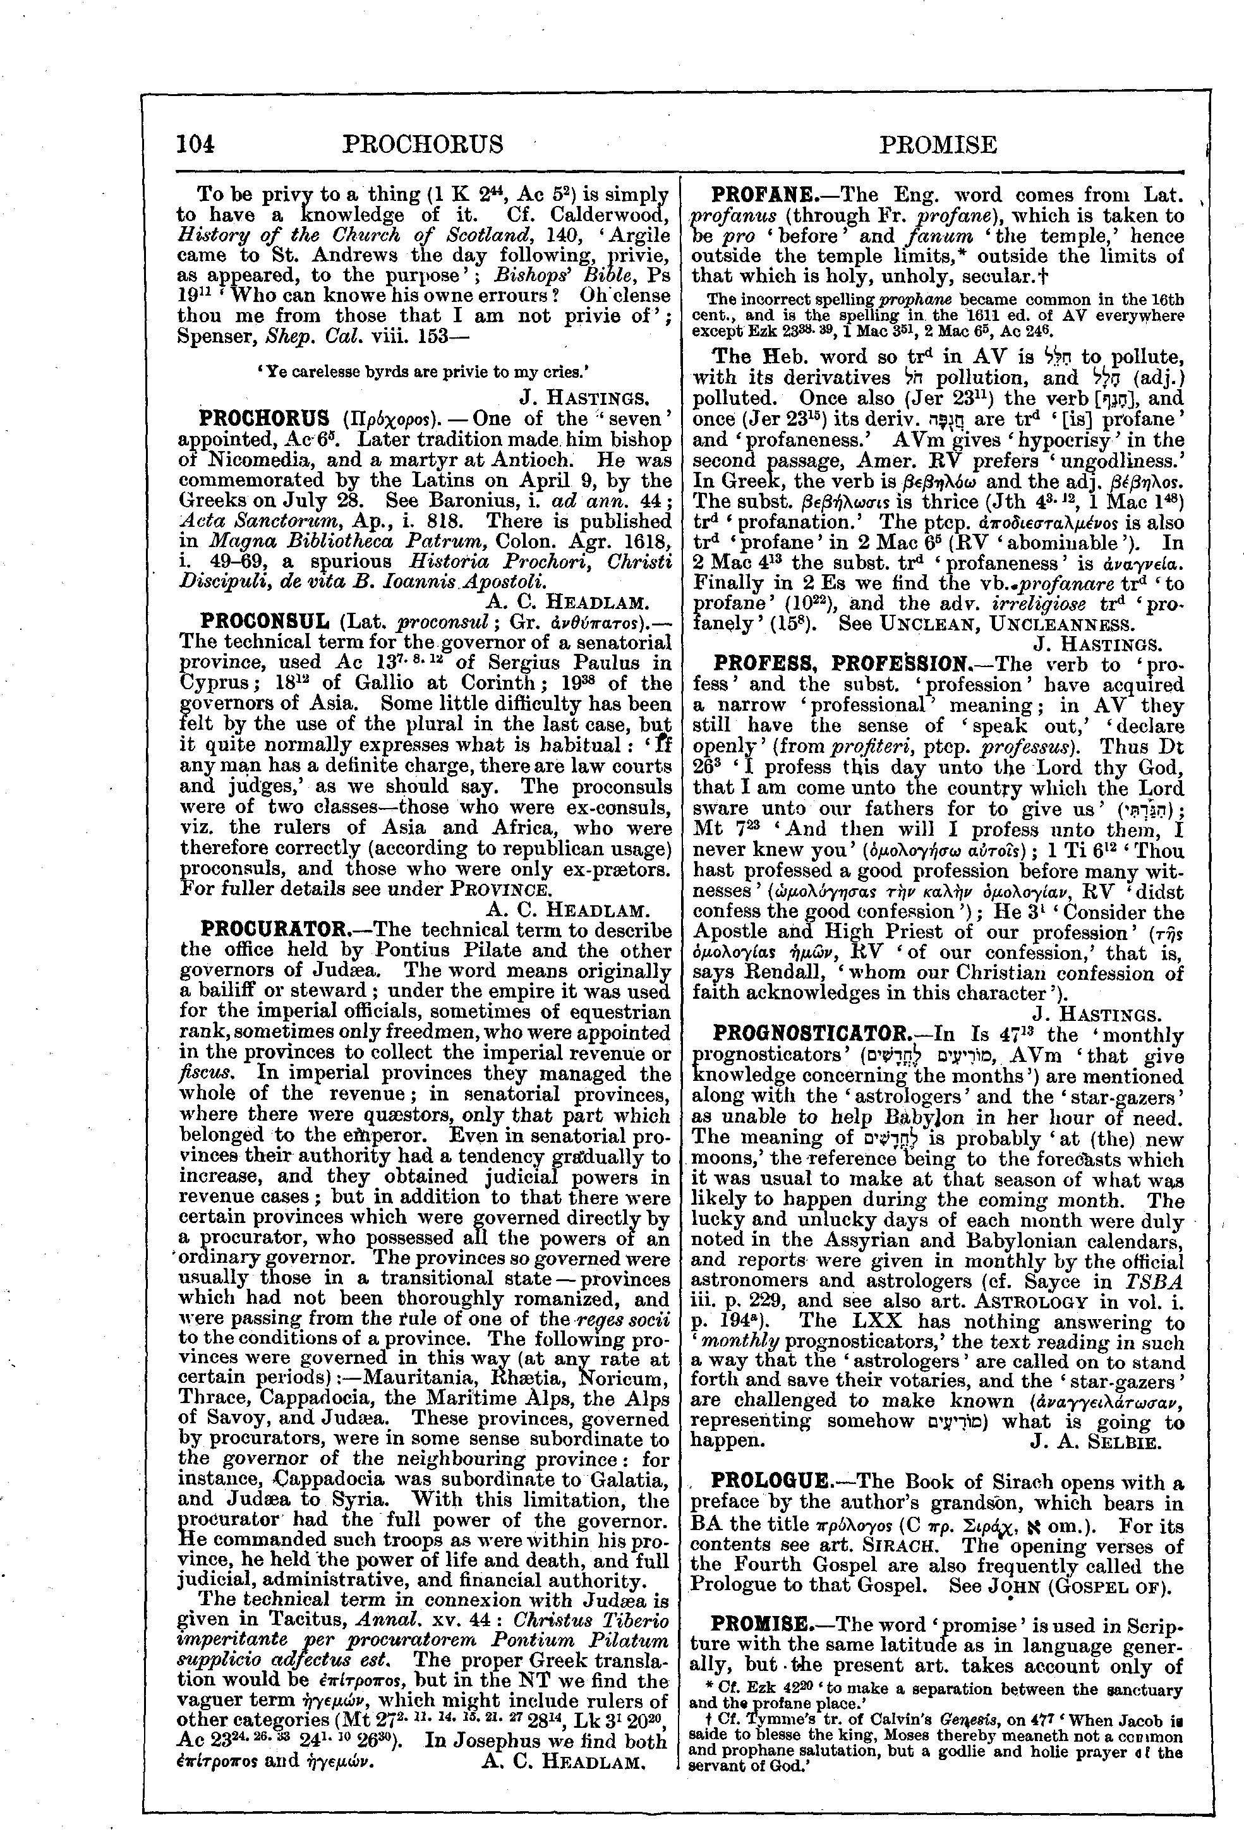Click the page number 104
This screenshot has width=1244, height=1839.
196,144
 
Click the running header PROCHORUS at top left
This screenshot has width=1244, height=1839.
423,144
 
